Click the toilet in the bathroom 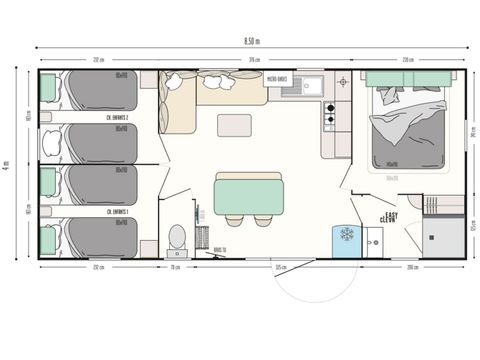[177, 237]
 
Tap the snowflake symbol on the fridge [347, 234]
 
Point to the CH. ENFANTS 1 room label [118, 212]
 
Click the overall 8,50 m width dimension [251, 40]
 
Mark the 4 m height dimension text [7, 164]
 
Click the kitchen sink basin [307, 85]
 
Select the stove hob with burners [328, 118]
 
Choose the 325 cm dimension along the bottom [281, 268]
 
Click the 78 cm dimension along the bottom [173, 268]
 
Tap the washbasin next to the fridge [373, 239]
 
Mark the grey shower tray [441, 236]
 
